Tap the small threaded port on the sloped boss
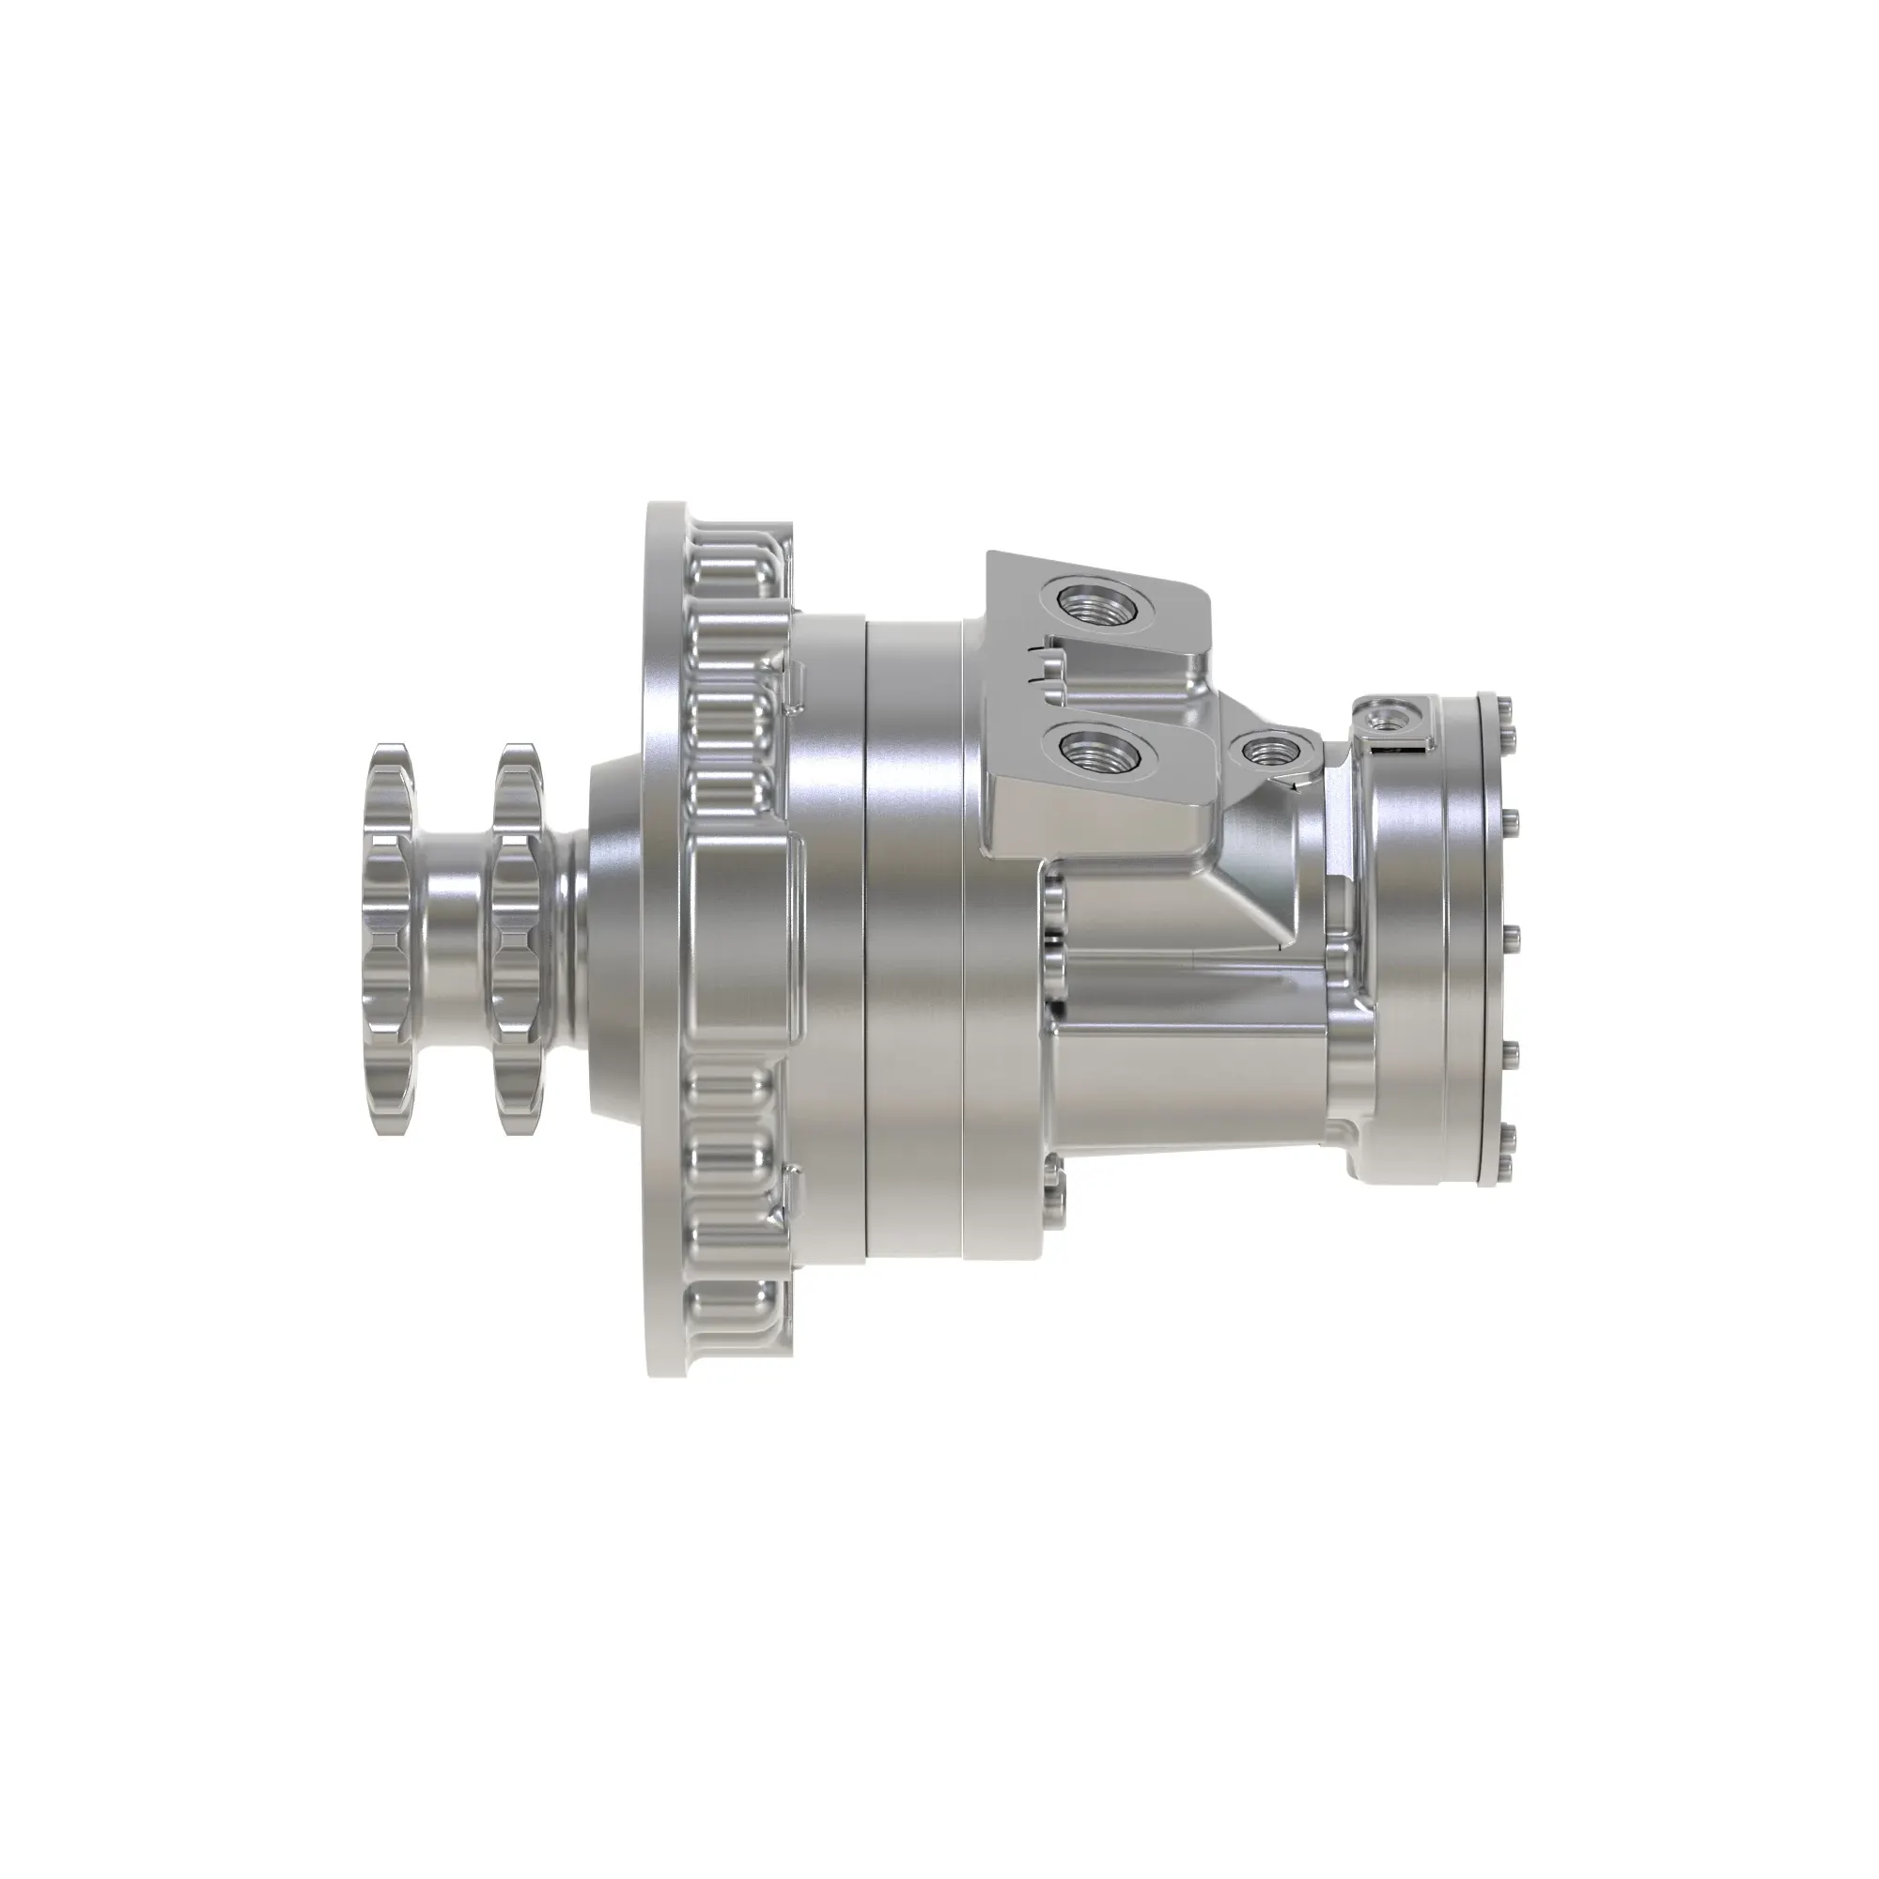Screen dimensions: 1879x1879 (1268, 749)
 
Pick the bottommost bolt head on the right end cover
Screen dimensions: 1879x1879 (1504, 1166)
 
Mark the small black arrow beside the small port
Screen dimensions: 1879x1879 (1293, 780)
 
